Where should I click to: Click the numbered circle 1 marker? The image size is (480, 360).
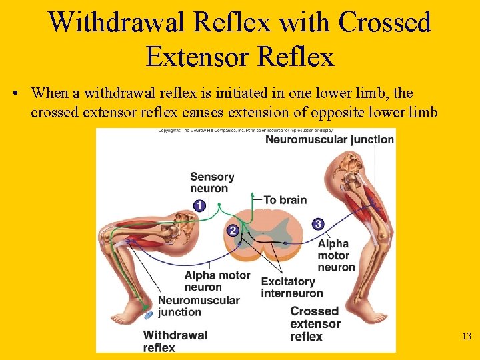click(x=199, y=206)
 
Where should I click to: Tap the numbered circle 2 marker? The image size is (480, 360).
click(x=233, y=231)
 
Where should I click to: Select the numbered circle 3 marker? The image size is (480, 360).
click(x=318, y=224)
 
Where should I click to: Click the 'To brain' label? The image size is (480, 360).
click(x=285, y=200)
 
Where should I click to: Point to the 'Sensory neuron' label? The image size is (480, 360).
click(x=212, y=182)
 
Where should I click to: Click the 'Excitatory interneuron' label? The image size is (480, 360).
click(x=291, y=287)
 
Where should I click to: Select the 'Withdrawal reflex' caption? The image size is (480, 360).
click(x=175, y=341)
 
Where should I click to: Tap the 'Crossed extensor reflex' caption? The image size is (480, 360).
click(x=315, y=324)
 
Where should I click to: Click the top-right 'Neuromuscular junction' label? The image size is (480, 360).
click(x=329, y=139)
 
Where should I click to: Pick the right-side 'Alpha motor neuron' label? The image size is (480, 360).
click(x=336, y=255)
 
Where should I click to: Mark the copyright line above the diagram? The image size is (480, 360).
click(x=245, y=131)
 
